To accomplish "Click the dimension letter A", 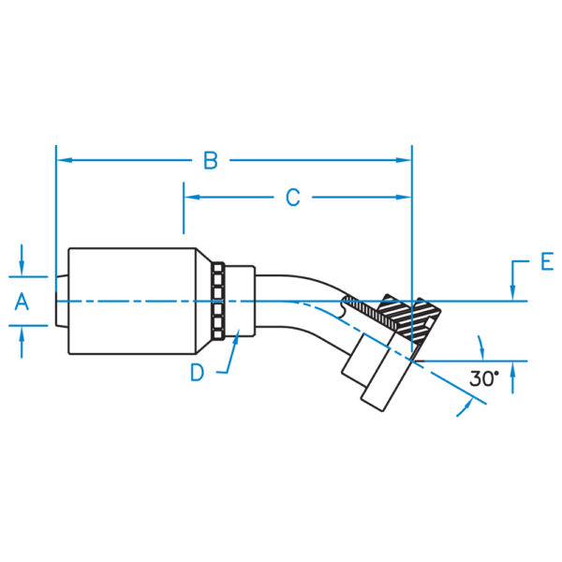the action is pos(22,302).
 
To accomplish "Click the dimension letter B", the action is pos(211,160).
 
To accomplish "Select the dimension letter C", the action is pos(293,198).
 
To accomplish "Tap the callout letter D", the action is pos(197,373).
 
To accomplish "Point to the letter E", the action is pos(547,261).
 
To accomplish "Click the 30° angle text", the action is pos(484,378).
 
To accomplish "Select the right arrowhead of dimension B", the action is pos(403,160).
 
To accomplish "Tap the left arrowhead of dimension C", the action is pos(192,197).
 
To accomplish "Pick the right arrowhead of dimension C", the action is pos(403,197).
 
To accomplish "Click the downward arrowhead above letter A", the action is pos(22,269).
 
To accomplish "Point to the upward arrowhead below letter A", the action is pos(22,334).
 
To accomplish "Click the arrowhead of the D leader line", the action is pos(236,336).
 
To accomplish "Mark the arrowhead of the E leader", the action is pos(512,292).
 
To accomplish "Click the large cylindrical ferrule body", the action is pos(132,301).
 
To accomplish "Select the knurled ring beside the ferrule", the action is pos(218,301).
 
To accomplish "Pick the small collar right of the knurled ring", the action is pos(240,301).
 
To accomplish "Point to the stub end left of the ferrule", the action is pos(62,301).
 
